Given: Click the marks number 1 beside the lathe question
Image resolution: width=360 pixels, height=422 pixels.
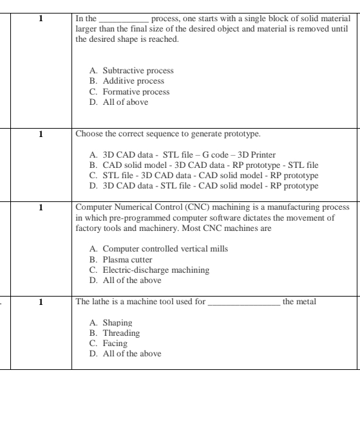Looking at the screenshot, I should tap(41, 300).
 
